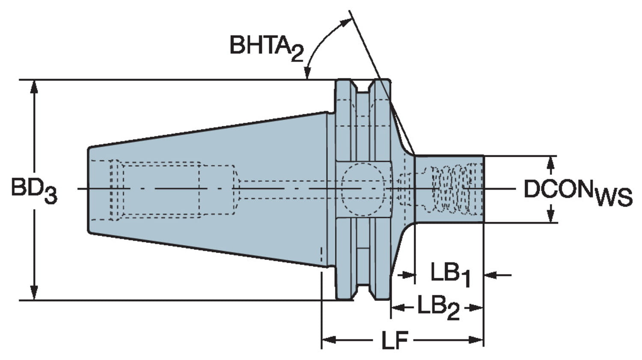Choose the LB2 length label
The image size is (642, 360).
438,307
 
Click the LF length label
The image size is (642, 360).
394,341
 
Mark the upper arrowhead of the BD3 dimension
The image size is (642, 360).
34,86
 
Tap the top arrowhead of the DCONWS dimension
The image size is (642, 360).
551,161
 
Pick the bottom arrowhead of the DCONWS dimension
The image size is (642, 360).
551,217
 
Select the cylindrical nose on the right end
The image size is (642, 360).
449,189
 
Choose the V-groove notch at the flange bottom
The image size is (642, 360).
363,291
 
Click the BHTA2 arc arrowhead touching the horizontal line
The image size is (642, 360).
307,74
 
